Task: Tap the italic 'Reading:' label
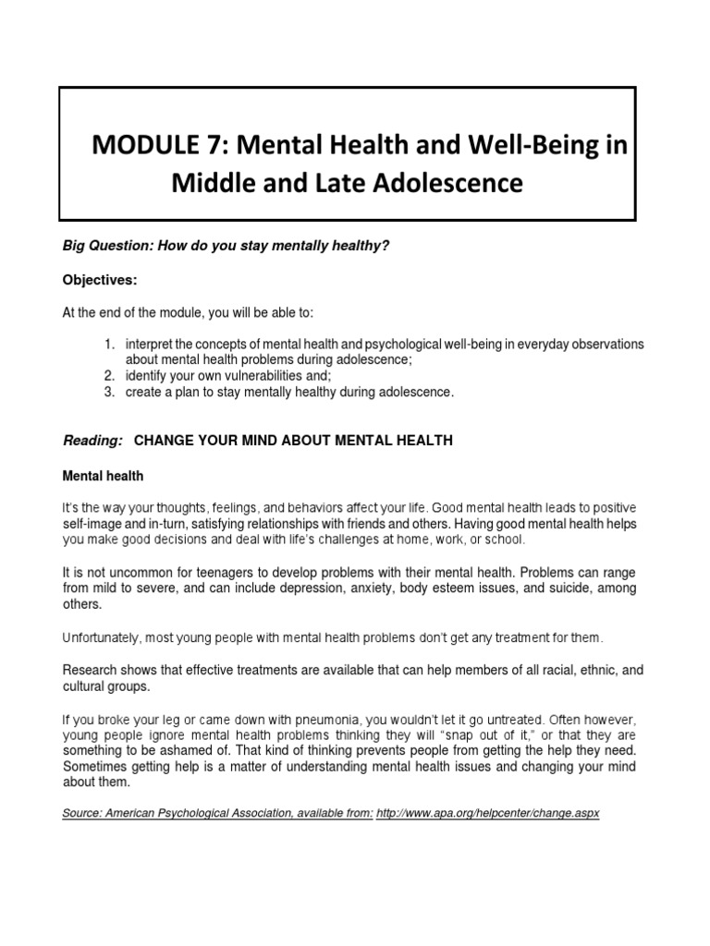[x=92, y=442]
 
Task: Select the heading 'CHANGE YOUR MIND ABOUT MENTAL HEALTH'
[x=294, y=442]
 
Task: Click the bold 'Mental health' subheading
[x=103, y=477]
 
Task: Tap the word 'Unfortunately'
[x=101, y=637]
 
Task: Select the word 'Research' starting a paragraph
[x=90, y=670]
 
